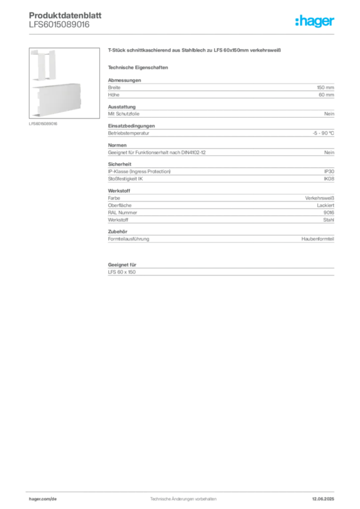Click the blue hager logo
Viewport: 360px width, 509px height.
coord(316,22)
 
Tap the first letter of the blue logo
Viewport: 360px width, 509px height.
coord(296,22)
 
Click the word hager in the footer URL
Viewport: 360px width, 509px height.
coord(36,498)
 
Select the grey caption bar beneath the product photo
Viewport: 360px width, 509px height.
coord(43,124)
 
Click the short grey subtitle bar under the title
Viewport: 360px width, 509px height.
coord(139,68)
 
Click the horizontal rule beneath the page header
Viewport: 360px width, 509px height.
coord(214,34)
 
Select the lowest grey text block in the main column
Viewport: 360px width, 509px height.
coord(220,269)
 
